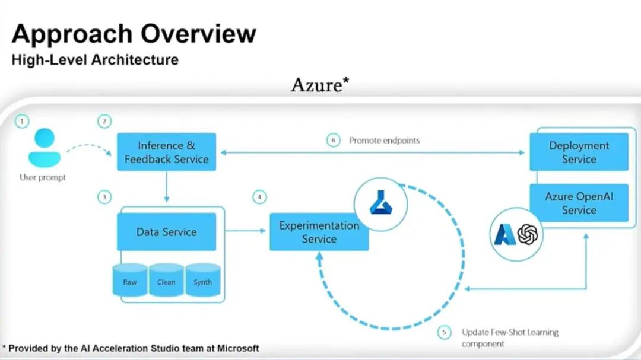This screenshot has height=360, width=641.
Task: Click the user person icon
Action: click(x=45, y=148)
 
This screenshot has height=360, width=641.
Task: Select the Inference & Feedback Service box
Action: click(x=166, y=152)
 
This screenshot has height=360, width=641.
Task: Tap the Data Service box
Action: click(x=166, y=232)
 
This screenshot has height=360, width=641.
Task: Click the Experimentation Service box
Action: click(x=319, y=232)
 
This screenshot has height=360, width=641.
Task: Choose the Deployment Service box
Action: click(x=579, y=152)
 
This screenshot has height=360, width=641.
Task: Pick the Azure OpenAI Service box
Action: click(x=579, y=203)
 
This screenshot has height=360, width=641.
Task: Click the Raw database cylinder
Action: click(x=130, y=280)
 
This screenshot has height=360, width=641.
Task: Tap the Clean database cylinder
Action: click(x=166, y=280)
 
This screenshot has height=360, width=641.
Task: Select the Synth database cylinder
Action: click(x=202, y=280)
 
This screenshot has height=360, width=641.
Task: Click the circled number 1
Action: click(x=22, y=122)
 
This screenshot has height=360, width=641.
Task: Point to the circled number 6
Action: click(x=334, y=141)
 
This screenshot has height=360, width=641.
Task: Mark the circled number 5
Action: click(x=444, y=333)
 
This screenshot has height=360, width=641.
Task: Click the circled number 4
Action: click(x=259, y=197)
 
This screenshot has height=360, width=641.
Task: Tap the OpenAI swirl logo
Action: click(x=528, y=234)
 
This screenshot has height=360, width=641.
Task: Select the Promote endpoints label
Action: click(x=384, y=141)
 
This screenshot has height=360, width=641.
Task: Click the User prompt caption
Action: click(x=43, y=177)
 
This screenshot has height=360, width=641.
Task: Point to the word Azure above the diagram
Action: click(x=316, y=85)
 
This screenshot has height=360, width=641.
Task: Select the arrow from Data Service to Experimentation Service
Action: click(x=245, y=231)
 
